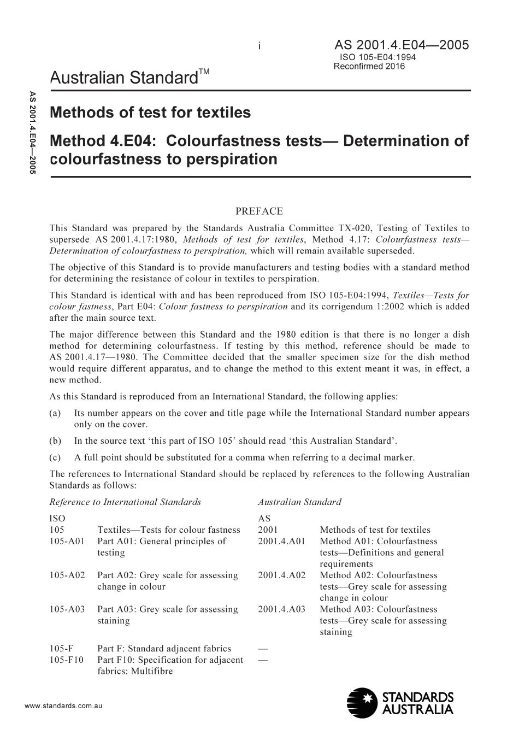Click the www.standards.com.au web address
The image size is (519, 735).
pos(64,706)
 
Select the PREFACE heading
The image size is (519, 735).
pos(259,211)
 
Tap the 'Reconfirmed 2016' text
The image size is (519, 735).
pos(369,67)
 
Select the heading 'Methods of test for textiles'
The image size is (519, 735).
pos(150,113)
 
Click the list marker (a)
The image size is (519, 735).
pos(55,413)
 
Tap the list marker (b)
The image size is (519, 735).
pos(55,440)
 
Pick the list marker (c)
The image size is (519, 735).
pos(55,457)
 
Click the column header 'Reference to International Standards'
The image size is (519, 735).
pos(125,502)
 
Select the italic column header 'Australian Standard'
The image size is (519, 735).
pos(299,502)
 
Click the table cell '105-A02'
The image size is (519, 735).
pos(67,575)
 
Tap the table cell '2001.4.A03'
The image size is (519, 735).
pos(281,609)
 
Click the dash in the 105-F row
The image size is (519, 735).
pos(263,649)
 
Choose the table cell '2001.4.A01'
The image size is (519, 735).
pos(281,541)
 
